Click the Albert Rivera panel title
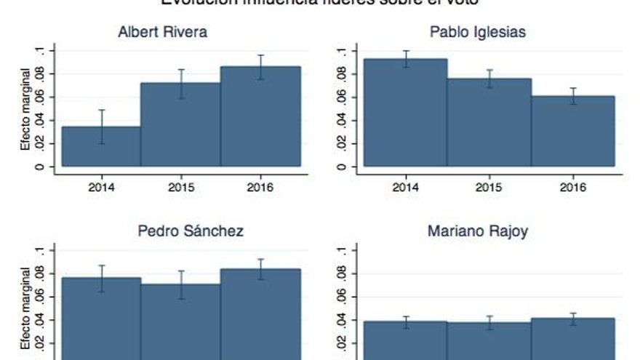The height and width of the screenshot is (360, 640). [162, 33]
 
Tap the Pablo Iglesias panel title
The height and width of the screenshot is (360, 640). [478, 33]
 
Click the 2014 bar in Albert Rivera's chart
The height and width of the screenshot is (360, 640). [101, 146]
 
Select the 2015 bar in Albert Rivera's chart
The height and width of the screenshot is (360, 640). [180, 124]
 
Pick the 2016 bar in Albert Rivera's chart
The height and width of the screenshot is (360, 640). [260, 116]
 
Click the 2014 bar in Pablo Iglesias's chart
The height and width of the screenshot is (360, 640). [404, 113]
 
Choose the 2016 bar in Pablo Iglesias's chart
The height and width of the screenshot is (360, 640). [573, 131]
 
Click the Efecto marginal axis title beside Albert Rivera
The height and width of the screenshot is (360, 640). [25, 109]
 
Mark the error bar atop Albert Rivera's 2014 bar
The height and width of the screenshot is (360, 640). [102, 127]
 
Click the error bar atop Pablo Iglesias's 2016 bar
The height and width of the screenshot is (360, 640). [573, 96]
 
